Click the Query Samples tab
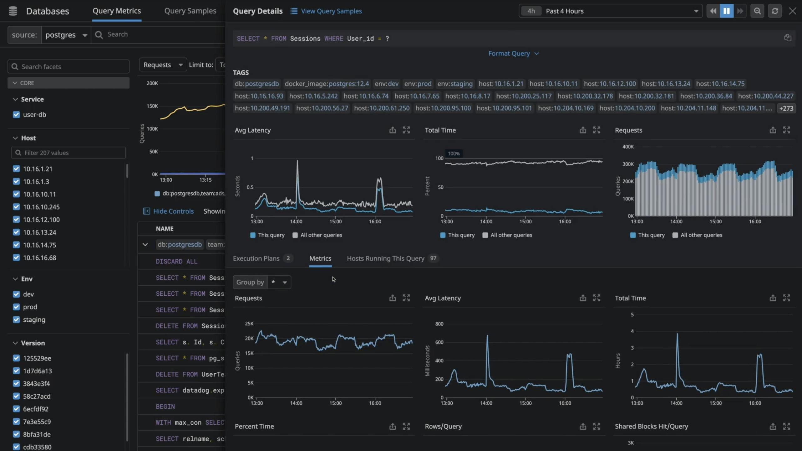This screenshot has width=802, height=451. pos(190,11)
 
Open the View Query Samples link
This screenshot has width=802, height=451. pos(331,11)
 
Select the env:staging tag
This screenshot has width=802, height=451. pos(455,84)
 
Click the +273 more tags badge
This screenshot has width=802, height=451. pos(786,108)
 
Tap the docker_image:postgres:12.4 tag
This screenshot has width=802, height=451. pos(327,84)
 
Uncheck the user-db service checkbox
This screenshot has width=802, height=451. pos(16,115)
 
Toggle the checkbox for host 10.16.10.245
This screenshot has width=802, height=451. pos(16,207)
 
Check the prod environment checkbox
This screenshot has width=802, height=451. pos(16,307)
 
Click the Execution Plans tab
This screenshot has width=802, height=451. pos(256,258)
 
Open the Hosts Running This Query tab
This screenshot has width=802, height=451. pos(385,258)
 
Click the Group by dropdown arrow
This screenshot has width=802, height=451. pos(285,282)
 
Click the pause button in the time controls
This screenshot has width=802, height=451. pos(726,11)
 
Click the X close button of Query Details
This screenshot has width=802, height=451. pos(792,11)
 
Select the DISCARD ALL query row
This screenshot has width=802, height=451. pos(177,262)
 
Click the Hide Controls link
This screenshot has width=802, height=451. pos(173,211)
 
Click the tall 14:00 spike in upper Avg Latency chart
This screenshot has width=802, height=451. pos(297,163)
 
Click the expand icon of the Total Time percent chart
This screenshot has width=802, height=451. pos(596,130)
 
